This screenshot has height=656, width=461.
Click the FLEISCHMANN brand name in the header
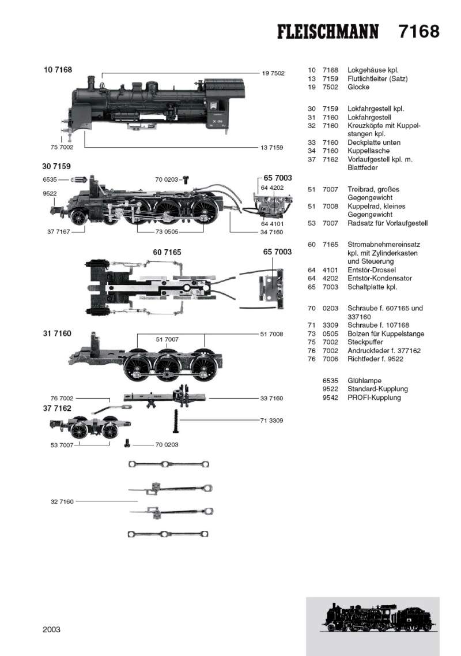328,32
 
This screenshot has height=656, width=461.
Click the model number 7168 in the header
418,31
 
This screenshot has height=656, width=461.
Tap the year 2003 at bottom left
51,629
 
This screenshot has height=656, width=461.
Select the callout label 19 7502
273,73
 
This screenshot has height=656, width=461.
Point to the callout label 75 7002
55,148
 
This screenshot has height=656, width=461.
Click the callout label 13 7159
271,148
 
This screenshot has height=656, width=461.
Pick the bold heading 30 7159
56,166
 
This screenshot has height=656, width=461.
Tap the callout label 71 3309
271,421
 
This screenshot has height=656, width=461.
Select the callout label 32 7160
62,502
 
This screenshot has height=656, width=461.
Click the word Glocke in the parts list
358,87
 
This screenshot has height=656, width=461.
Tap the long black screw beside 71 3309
174,421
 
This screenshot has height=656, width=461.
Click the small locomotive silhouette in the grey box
372,618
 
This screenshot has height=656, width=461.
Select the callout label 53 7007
62,445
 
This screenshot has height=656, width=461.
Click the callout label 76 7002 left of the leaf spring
62,399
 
